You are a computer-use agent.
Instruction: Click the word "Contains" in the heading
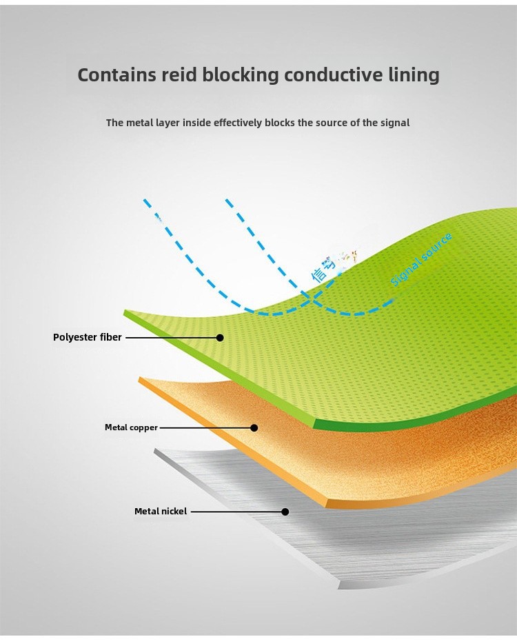[117, 74]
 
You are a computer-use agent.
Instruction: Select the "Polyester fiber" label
[88, 337]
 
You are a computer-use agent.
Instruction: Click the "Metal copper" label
[131, 427]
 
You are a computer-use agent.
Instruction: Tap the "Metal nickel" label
[161, 512]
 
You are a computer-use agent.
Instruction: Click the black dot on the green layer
[220, 338]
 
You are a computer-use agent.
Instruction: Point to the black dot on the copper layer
[254, 427]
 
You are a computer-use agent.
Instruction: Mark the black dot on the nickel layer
[285, 512]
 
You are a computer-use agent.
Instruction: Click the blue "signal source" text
[421, 260]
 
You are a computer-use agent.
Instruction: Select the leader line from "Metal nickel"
[236, 512]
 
